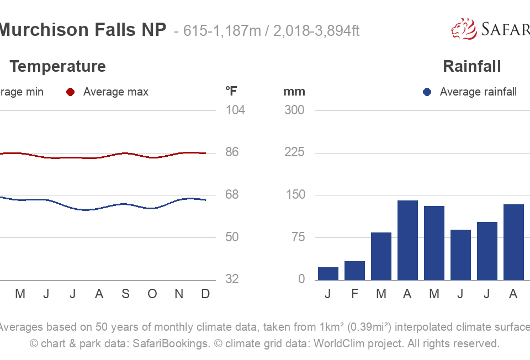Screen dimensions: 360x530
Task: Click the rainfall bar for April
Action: [x=407, y=240]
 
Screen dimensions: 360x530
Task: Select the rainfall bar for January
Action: [x=328, y=273]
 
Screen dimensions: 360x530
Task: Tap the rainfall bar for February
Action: [x=354, y=271]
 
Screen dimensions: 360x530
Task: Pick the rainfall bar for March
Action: [x=381, y=256]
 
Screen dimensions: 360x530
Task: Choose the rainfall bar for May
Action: [x=434, y=243]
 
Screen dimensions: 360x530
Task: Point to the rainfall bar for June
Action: [x=460, y=255]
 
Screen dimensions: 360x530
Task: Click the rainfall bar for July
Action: [x=487, y=251]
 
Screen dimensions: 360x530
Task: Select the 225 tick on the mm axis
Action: [x=294, y=152]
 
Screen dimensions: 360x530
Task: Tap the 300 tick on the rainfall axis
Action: [x=294, y=110]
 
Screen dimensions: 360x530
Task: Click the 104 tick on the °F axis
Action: [x=235, y=110]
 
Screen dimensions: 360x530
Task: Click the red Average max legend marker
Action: [x=70, y=92]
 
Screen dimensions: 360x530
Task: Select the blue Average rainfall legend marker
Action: [x=427, y=92]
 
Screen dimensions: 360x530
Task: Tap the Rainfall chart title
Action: [x=472, y=67]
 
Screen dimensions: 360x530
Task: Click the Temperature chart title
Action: [x=57, y=67]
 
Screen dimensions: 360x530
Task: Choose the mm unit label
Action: [x=294, y=92]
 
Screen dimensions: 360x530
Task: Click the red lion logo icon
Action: [x=464, y=29]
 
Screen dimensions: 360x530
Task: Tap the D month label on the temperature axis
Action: [x=205, y=294]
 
